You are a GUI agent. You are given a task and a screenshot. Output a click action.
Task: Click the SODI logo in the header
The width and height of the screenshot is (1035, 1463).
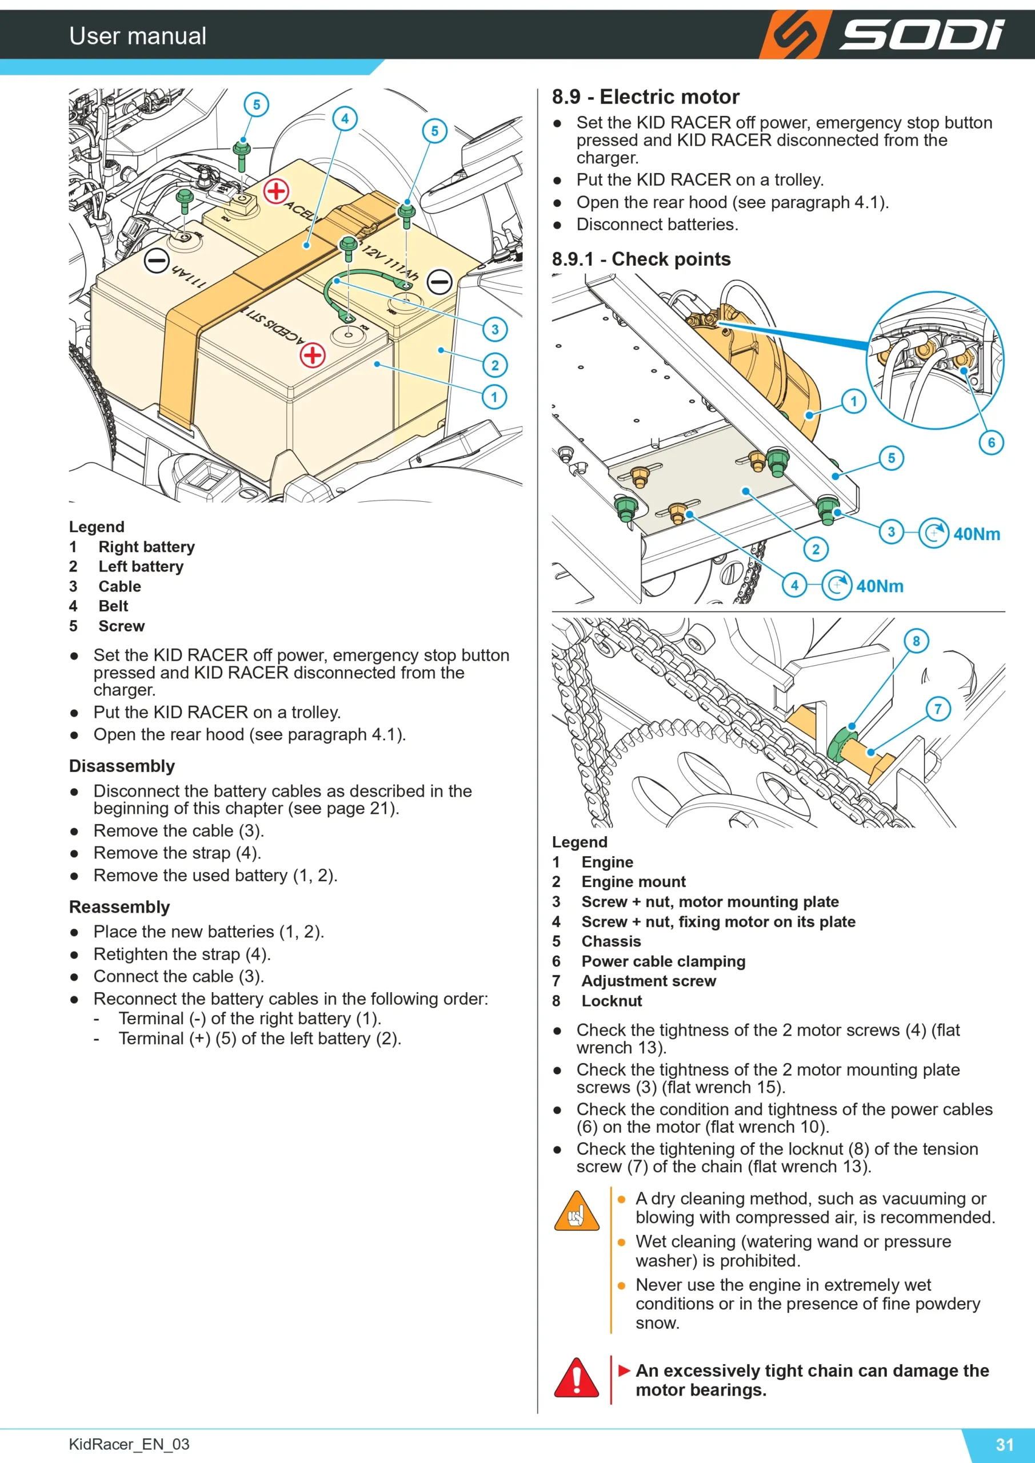tap(882, 34)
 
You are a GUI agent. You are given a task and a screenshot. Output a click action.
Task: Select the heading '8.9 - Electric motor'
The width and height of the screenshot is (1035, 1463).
tap(646, 97)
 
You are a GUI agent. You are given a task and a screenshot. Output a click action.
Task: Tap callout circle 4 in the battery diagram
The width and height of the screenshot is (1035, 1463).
tap(345, 118)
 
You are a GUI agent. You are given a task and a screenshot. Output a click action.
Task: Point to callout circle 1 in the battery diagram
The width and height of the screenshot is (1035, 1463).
tap(494, 397)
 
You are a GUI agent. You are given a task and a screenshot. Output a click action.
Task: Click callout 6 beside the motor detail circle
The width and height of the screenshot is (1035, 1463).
tap(991, 442)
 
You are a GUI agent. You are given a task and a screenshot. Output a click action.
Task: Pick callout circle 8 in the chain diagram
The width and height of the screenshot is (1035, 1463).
tap(916, 641)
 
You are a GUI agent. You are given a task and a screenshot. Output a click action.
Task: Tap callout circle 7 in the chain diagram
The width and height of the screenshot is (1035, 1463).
tap(937, 709)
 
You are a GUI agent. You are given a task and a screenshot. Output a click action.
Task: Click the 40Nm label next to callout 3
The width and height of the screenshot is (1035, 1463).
tap(976, 534)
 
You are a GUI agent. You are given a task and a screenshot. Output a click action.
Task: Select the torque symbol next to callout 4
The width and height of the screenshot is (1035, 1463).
tap(837, 585)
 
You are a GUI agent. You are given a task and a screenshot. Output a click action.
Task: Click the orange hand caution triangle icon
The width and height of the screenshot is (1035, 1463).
tap(577, 1210)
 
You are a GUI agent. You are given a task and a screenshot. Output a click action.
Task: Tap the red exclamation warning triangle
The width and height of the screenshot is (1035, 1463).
tap(577, 1377)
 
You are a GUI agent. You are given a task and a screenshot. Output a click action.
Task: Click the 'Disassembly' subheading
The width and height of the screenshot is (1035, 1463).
tap(122, 766)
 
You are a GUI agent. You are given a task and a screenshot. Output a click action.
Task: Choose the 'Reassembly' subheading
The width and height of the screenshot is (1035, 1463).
tap(119, 907)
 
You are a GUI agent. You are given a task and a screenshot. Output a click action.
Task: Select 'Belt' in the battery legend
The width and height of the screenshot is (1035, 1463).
tap(113, 606)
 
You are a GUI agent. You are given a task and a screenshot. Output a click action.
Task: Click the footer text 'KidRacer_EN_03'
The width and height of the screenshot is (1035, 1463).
tap(129, 1444)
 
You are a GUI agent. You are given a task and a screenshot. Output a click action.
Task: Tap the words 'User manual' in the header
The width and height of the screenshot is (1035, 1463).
tap(138, 35)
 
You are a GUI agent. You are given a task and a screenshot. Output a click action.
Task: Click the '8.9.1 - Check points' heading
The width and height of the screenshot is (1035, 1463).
tap(641, 259)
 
